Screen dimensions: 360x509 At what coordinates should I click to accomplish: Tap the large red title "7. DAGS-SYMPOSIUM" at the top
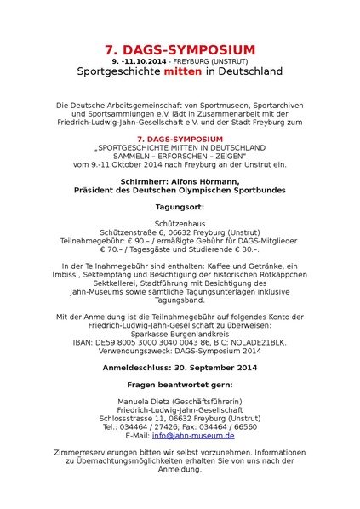[x=180, y=50]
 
